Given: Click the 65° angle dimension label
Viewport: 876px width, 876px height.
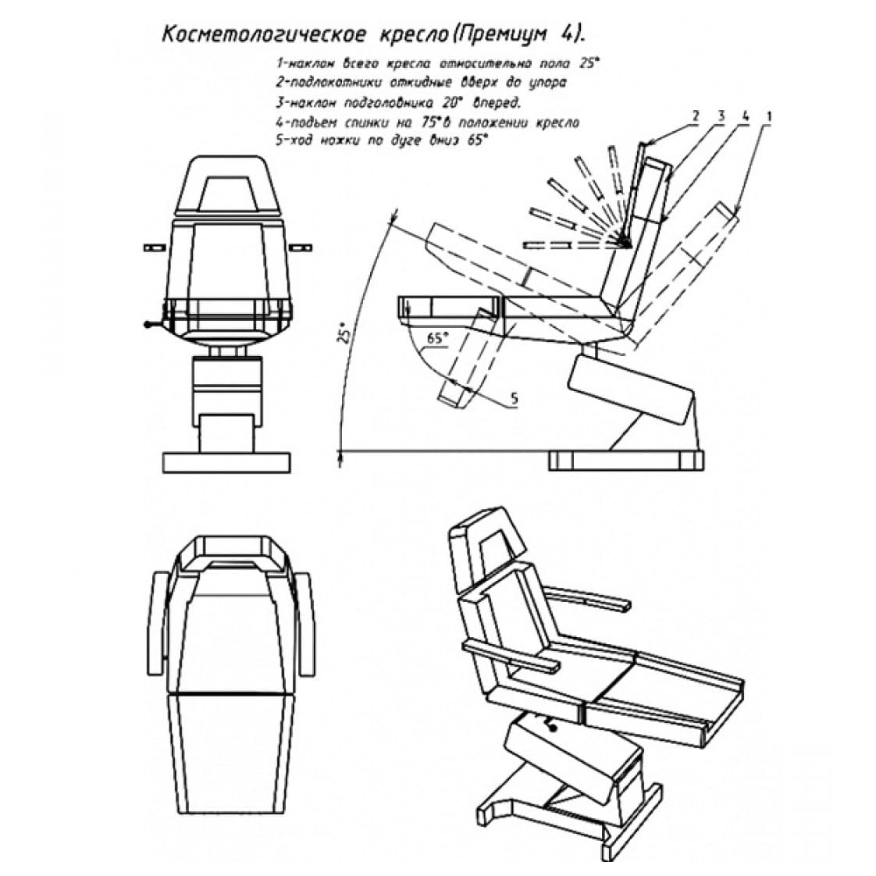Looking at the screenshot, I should [x=438, y=338].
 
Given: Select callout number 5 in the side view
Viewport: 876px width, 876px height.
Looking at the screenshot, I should [x=514, y=399].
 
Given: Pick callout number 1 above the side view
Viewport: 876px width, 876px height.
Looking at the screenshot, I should [x=770, y=116].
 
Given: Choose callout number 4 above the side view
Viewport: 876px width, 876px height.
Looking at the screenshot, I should [x=745, y=116].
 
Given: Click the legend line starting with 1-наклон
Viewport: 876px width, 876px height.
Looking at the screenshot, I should [x=438, y=62].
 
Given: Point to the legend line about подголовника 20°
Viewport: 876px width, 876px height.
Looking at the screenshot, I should [x=397, y=102].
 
